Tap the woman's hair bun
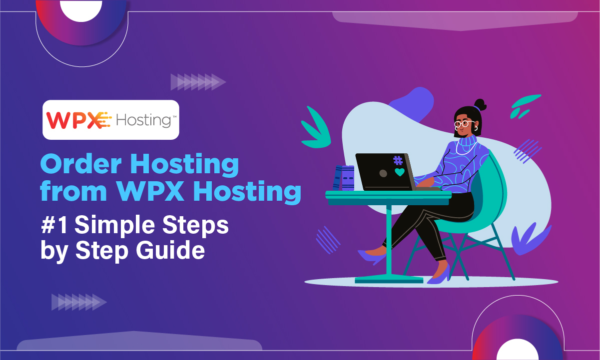480,104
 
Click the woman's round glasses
464,123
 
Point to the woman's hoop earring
477,129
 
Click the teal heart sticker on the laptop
399,172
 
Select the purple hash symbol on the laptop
398,161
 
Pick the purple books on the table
344,178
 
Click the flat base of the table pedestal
389,280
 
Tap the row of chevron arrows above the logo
198,82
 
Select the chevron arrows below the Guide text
79,302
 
